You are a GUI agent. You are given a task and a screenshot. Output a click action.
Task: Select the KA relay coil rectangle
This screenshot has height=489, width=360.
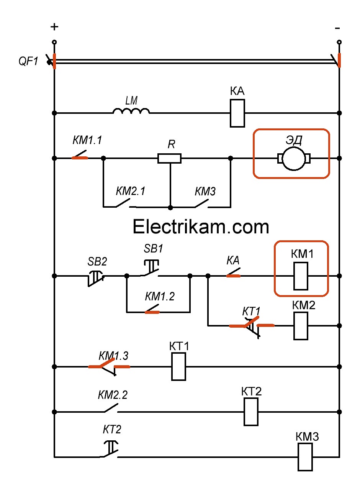[237, 113]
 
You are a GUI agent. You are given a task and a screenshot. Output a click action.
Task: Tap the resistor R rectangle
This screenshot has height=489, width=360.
[169, 158]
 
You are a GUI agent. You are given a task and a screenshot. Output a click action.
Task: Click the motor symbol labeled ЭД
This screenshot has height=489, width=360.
[293, 158]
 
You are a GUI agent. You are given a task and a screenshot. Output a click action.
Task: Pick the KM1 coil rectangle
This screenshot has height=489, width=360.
[301, 276]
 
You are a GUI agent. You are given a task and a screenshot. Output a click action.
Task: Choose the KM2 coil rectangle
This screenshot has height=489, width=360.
[301, 326]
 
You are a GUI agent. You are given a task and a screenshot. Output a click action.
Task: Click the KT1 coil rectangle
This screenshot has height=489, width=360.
[178, 367]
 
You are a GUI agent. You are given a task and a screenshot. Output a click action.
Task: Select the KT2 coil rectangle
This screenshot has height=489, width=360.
[251, 412]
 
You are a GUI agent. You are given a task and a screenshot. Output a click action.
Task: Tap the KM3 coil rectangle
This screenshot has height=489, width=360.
[305, 457]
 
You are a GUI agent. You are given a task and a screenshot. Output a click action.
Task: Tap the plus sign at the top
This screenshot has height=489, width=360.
[54, 27]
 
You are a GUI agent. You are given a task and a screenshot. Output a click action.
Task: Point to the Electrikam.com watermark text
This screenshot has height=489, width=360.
[201, 227]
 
